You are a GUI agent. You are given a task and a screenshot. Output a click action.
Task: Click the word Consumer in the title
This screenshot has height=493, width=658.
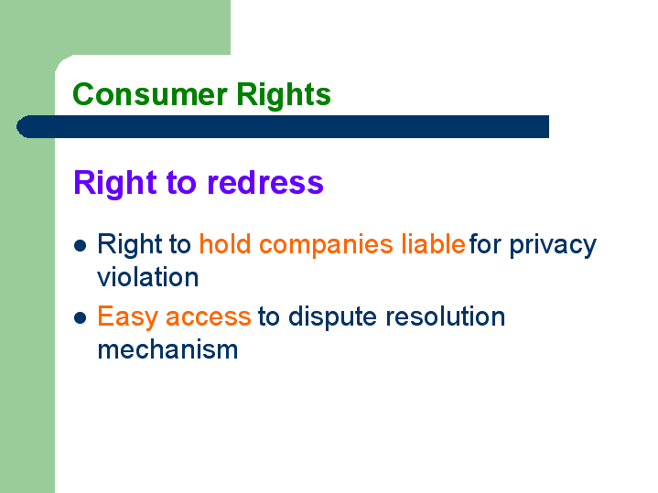point(150,94)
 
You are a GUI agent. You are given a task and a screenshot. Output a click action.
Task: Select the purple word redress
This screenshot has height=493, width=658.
point(265,183)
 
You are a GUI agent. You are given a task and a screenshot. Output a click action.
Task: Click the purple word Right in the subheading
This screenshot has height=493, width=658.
point(115,183)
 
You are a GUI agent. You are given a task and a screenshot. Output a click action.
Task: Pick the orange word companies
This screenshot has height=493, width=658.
point(326,245)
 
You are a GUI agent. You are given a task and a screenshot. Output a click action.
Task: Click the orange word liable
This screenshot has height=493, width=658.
point(434,243)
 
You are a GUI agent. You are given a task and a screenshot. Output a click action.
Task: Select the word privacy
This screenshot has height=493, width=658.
point(553,245)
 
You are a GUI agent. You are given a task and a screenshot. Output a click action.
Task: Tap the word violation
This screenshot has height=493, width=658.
point(147,277)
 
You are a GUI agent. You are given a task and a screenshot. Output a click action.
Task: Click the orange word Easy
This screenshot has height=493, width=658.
point(127,317)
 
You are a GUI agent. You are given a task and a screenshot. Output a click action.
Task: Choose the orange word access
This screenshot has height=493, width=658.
point(208,318)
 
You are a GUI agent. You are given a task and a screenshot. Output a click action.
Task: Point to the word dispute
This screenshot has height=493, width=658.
point(332,317)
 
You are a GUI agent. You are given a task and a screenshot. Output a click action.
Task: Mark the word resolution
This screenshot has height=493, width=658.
point(446,316)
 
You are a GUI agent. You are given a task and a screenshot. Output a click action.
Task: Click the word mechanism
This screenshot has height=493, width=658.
point(167,349)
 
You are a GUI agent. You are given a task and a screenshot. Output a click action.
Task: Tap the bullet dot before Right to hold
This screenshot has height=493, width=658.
point(80,245)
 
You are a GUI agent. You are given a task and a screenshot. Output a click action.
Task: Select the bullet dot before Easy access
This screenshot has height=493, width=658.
point(80,318)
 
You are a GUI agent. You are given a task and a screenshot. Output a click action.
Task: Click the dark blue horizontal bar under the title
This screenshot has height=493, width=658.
point(283,126)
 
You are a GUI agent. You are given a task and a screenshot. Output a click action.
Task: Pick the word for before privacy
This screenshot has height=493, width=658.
point(485,243)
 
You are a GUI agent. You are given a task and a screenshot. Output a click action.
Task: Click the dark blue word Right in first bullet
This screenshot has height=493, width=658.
point(130,245)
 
